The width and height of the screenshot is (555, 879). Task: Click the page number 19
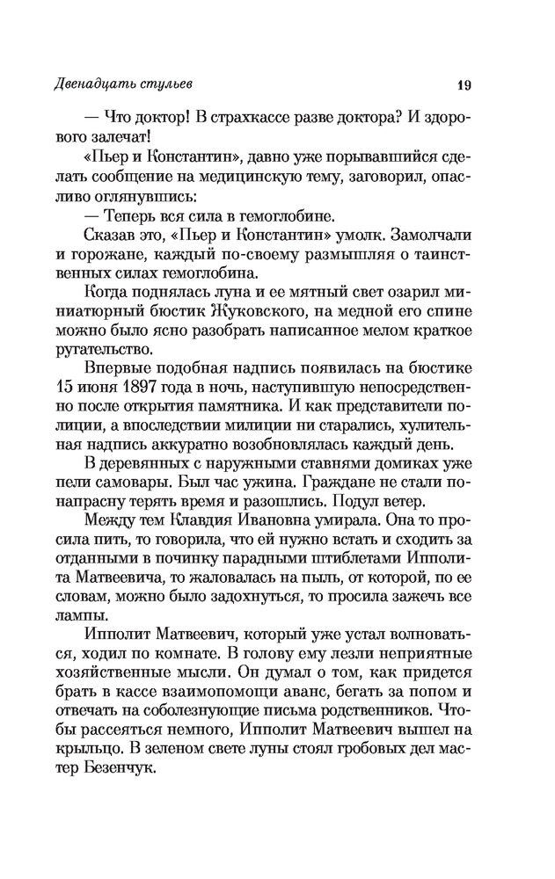point(465,85)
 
